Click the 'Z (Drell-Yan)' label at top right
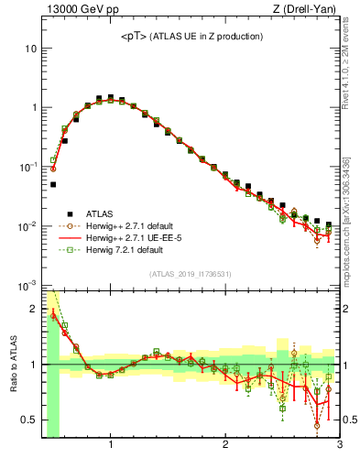click(x=308, y=10)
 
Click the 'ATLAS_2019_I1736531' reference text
click(x=191, y=274)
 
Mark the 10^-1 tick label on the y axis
click(x=28, y=167)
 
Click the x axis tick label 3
click(x=340, y=446)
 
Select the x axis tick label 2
click(x=225, y=446)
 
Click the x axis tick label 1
click(x=111, y=446)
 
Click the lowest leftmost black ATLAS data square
click(x=53, y=184)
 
